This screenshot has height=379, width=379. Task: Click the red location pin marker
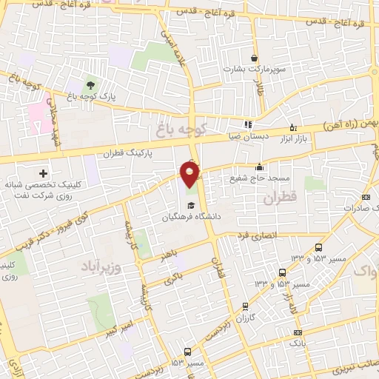(191, 175)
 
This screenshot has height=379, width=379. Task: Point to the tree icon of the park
(90, 85)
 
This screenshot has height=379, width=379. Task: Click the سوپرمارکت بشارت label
(255, 70)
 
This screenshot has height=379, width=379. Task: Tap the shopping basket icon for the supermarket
(255, 58)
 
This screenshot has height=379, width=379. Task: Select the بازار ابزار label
(292, 138)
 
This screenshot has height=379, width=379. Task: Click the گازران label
(244, 316)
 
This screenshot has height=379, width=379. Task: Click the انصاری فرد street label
(255, 236)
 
